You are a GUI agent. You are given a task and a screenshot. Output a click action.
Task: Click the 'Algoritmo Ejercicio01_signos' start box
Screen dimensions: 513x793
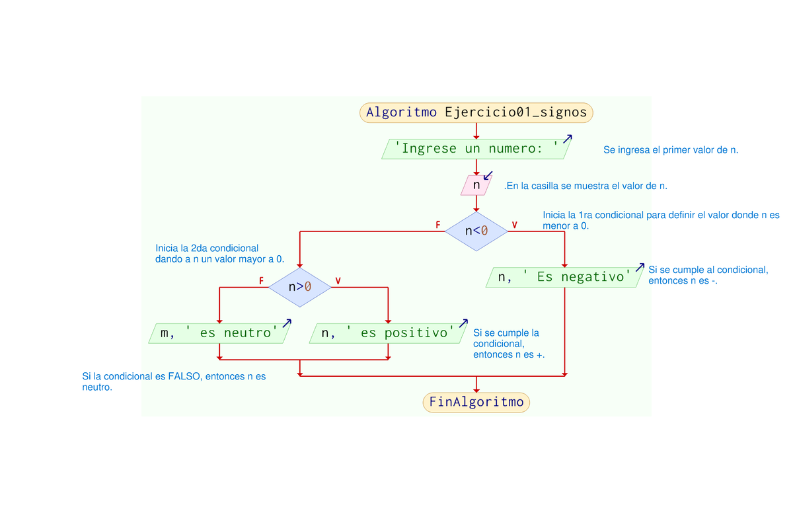476,112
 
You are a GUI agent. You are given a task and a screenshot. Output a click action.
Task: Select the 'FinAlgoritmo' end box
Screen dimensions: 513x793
476,402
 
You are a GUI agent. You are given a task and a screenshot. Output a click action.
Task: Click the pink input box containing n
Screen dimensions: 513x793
476,186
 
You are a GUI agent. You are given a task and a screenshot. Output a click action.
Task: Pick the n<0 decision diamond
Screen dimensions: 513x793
476,231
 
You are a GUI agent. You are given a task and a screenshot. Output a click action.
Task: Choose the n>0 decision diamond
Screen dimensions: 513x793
299,287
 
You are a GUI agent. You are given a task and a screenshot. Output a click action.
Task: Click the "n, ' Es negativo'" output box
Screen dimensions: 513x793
564,278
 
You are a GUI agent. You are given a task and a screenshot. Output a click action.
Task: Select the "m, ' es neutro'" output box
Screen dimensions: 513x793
218,333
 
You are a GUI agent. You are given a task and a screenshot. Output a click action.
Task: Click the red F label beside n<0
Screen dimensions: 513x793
437,225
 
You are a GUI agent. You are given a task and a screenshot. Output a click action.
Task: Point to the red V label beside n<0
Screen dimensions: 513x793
514,225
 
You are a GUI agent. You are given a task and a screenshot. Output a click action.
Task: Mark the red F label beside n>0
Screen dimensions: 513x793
261,281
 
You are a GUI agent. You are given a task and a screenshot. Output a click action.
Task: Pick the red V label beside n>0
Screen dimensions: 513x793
338,281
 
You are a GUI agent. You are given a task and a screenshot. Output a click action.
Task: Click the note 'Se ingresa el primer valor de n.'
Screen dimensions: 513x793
670,150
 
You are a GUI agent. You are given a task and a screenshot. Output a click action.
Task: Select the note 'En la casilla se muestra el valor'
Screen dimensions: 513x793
585,186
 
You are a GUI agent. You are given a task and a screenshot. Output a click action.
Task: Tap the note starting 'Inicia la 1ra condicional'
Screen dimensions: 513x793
661,220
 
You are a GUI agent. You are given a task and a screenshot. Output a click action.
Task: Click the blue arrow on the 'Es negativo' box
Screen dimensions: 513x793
639,267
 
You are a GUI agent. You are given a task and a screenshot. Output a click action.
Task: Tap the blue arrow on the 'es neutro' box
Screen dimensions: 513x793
287,323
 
